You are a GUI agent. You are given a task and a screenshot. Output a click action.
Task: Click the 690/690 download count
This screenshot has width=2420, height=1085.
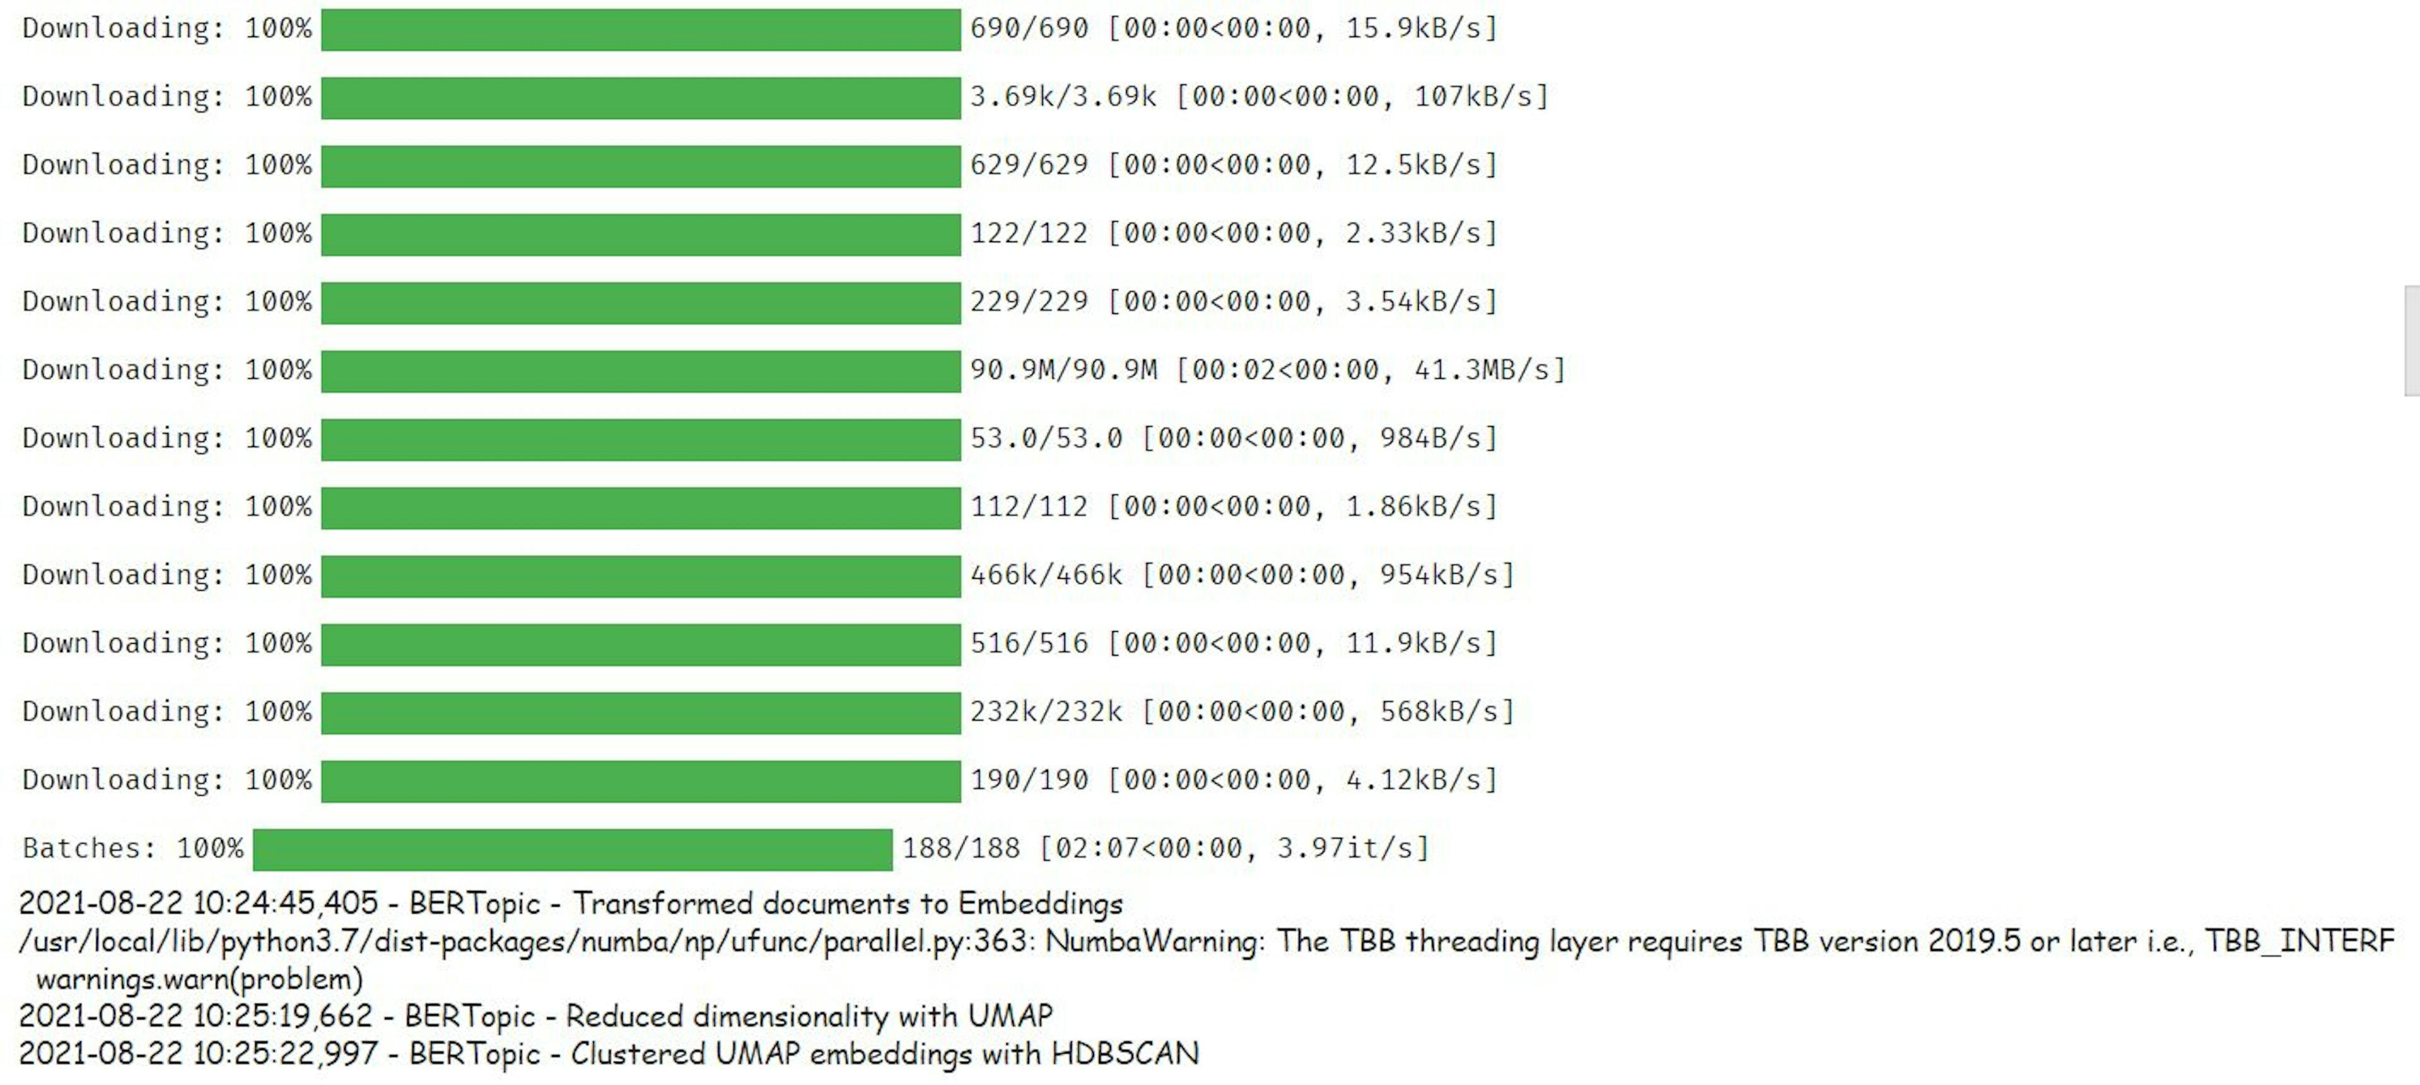pos(1028,28)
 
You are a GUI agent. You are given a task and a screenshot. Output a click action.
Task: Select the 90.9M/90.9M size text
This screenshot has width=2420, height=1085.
pos(1063,370)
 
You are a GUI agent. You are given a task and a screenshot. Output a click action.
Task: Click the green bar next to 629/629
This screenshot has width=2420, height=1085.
pos(641,165)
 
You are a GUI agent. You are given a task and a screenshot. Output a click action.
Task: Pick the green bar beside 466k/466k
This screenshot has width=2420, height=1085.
pos(641,576)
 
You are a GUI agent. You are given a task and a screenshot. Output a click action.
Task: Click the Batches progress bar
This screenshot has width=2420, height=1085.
pos(572,849)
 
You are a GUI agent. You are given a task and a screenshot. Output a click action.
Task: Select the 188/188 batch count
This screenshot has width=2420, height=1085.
pos(960,849)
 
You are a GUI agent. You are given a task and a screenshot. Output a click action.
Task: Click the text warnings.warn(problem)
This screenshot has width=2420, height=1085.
pos(199,979)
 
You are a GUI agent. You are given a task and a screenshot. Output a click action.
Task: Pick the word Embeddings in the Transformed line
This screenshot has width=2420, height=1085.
pos(1040,903)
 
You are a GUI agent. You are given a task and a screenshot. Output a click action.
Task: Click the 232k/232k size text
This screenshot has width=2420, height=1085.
pos(1046,712)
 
